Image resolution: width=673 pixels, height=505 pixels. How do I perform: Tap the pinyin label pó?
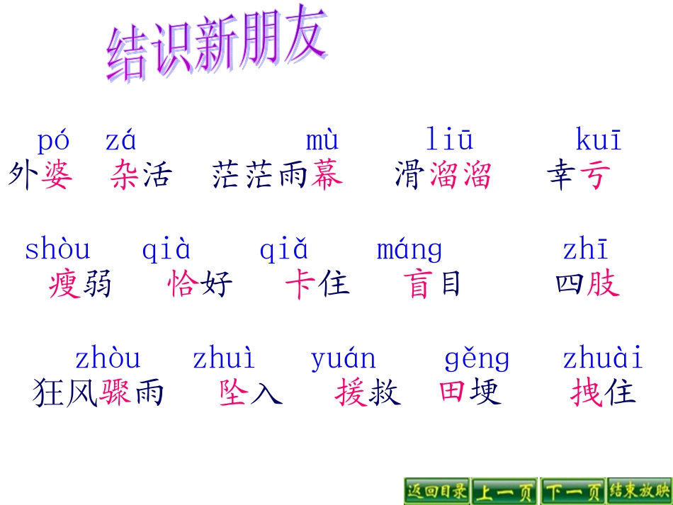click(53, 141)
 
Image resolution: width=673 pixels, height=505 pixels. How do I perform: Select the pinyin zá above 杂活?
click(120, 141)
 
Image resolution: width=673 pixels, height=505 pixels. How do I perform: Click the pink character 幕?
click(327, 174)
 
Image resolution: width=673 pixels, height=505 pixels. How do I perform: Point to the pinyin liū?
click(450, 140)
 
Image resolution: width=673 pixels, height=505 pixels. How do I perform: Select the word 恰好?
click(200, 285)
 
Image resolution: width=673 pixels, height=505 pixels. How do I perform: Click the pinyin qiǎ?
click(283, 250)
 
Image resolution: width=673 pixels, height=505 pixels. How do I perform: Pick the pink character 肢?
click(603, 284)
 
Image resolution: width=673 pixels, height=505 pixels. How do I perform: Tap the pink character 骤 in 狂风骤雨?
click(115, 392)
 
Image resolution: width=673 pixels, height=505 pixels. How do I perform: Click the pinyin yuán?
click(343, 359)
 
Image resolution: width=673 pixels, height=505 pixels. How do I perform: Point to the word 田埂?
click(470, 392)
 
